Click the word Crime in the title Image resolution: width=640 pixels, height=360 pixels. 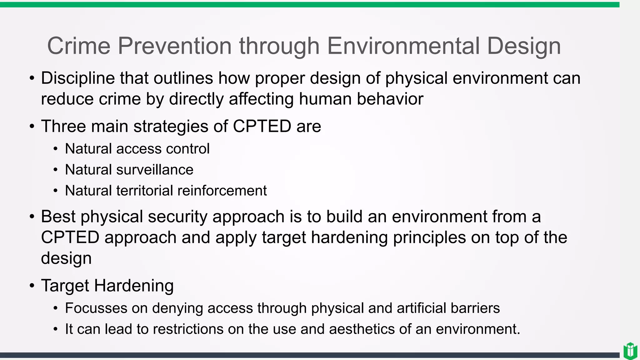(79, 46)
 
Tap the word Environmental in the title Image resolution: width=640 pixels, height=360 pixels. (403, 46)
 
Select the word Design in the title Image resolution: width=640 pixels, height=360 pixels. (524, 46)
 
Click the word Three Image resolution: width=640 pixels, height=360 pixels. (63, 126)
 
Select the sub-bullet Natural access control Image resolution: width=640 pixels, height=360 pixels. (137, 149)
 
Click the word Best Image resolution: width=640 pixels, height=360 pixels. (58, 217)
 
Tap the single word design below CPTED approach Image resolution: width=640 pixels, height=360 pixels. (66, 258)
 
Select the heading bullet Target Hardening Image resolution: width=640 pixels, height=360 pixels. (107, 286)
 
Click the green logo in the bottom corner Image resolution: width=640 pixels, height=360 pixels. (630, 351)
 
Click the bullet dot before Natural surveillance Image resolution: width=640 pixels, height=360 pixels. (55, 170)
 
